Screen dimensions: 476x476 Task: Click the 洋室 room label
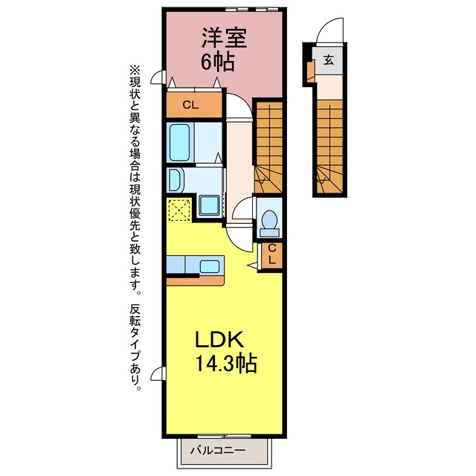225,38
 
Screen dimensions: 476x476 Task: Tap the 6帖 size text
217,62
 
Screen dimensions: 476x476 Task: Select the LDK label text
219,339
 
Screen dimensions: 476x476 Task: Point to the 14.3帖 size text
226,363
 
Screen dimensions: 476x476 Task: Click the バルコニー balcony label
218,449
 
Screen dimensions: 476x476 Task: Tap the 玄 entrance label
329,59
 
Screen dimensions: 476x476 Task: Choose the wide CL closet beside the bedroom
194,105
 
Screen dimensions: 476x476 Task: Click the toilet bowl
269,219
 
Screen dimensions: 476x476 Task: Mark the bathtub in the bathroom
180,142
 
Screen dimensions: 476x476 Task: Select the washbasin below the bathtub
175,180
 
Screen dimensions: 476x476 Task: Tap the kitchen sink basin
210,266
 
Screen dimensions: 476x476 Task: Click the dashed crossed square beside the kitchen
179,210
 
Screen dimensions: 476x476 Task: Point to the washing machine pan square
209,205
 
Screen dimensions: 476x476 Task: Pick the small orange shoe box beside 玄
311,71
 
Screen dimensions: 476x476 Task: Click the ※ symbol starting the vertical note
135,70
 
